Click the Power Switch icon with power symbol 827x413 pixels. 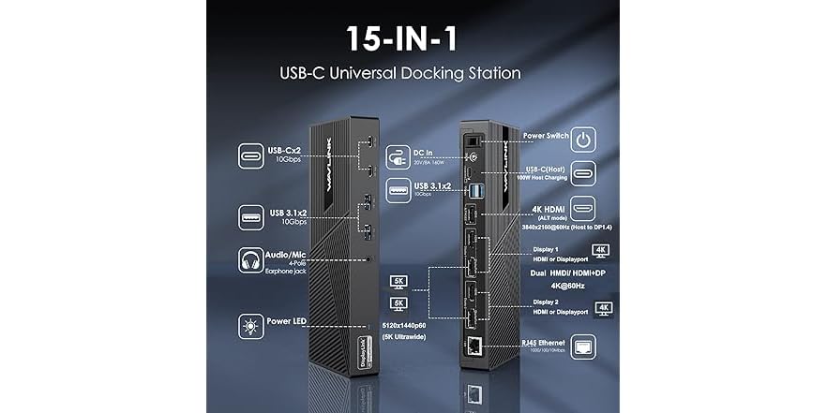click(583, 141)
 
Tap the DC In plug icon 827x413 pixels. click(397, 154)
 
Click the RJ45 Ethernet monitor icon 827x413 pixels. click(583, 347)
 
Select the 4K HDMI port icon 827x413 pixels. click(583, 214)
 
